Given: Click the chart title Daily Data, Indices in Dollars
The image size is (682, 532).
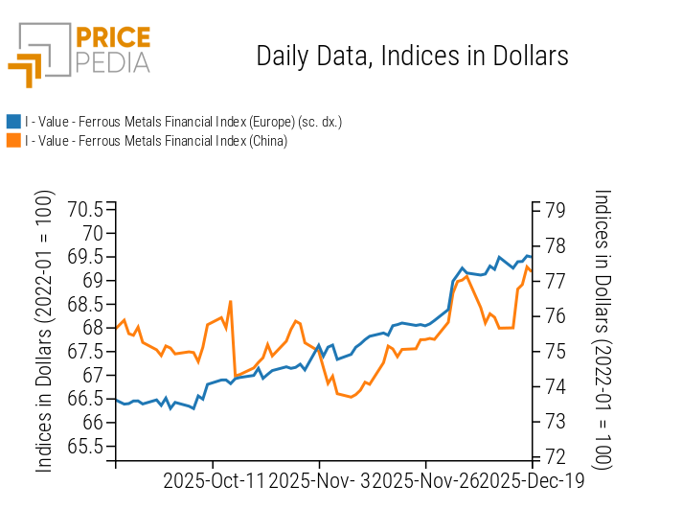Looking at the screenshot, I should point(412,57).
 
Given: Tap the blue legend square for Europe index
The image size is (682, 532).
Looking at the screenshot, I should point(13,122).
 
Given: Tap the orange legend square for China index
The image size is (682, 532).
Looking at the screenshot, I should point(13,141).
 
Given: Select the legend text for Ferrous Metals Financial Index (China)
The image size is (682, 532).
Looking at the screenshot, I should point(156,141).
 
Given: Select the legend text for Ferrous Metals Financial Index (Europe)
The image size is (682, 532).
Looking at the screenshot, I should point(183,122).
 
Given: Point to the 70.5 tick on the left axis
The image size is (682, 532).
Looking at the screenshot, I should point(85,210).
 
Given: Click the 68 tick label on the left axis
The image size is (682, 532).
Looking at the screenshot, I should point(93,328).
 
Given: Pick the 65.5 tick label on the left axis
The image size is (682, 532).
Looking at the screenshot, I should point(85,446).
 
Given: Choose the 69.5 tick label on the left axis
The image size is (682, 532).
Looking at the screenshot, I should point(85,257).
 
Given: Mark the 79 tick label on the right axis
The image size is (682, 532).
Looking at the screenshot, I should point(554,210).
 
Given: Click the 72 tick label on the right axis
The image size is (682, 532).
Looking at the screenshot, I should point(554,456).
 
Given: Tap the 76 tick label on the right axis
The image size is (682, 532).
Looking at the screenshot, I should point(554,315).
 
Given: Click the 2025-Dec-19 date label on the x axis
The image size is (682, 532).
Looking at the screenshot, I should point(533,481).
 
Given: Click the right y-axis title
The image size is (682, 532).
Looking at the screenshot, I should point(602,330).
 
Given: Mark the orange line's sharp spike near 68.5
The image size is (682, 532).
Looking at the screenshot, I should point(231,302).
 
